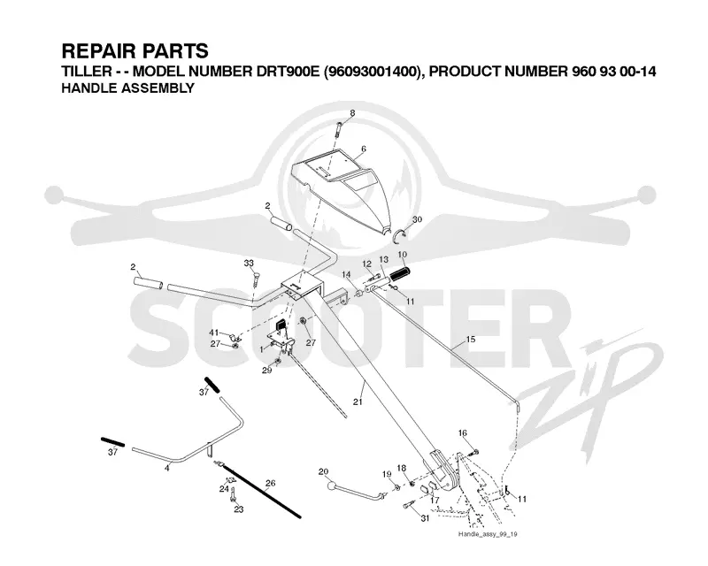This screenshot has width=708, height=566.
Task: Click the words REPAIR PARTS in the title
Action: point(135,51)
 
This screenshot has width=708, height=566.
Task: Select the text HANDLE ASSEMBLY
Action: point(127,88)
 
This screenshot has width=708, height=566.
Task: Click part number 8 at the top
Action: point(352,113)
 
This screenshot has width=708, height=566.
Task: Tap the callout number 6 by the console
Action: point(364,149)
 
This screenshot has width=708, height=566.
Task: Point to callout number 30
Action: point(417,219)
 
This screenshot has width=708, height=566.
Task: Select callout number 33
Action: point(249,264)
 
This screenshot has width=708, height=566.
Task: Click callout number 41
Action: point(214,333)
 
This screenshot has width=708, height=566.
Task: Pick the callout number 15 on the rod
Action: point(471,339)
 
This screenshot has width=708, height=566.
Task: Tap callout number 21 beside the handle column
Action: point(358,402)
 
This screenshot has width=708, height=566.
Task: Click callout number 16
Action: point(462,433)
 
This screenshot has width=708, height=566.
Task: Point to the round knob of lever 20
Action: point(333,486)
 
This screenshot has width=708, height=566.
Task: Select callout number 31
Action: point(425,518)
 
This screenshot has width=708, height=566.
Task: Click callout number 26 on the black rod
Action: point(270,484)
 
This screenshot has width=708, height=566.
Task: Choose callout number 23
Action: point(238,509)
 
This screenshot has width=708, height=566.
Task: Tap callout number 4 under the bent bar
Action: point(167,469)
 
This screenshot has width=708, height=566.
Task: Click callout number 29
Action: point(267,371)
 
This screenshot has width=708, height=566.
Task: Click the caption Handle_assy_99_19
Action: point(488,534)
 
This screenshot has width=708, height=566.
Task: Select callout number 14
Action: point(346,274)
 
